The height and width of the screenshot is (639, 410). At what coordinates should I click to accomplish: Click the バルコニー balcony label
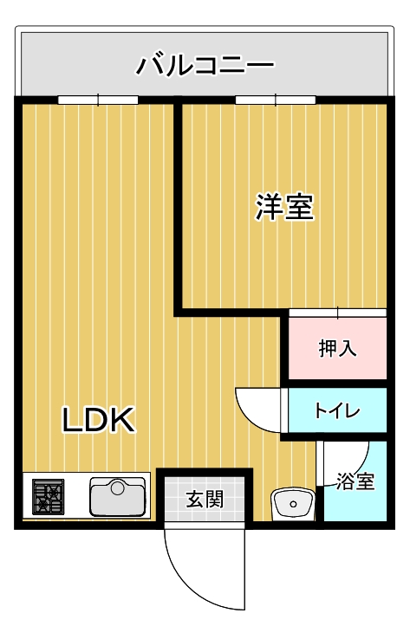point(205,64)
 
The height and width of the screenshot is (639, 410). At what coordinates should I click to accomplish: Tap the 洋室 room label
point(283,207)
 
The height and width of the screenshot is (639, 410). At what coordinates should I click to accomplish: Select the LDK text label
point(97,421)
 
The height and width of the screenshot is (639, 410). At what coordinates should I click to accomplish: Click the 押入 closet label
point(337,349)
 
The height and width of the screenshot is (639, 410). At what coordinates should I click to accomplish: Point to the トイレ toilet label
point(336,410)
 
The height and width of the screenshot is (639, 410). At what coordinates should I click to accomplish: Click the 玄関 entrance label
point(205,500)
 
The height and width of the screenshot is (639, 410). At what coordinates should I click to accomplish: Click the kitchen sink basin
point(118,498)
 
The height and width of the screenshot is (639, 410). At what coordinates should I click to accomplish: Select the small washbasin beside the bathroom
point(292,502)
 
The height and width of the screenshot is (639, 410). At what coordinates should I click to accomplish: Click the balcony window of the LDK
point(98,100)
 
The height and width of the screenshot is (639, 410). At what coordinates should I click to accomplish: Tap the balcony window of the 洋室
point(275,100)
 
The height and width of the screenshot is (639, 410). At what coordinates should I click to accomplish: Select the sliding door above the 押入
point(337,313)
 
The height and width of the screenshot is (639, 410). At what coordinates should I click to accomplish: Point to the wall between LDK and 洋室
point(179,208)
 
